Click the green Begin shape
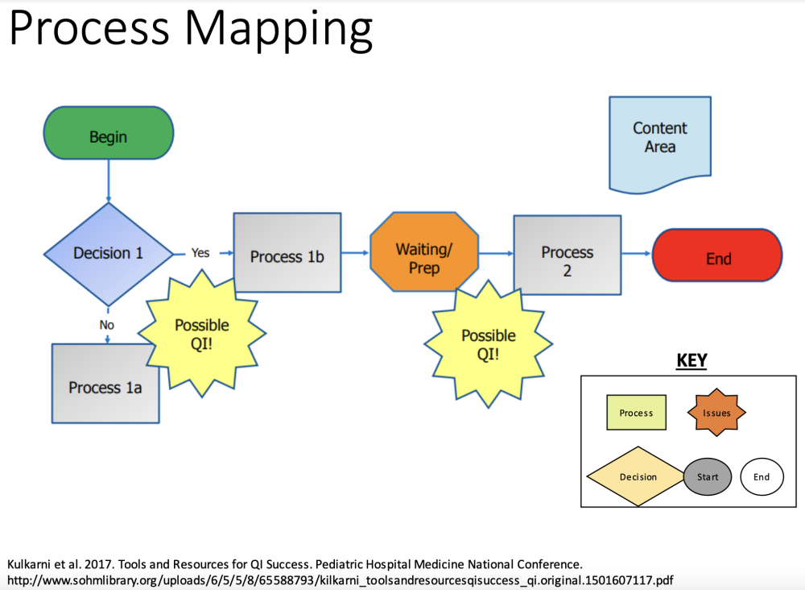tap(109, 133)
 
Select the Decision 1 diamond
tap(109, 254)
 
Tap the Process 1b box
tap(287, 252)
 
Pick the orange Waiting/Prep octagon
tap(424, 251)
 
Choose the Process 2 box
tap(568, 255)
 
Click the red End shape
tap(717, 255)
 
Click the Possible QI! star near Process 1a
tap(202, 334)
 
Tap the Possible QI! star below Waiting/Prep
tap(489, 344)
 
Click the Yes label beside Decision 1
tap(200, 253)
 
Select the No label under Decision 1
tap(107, 325)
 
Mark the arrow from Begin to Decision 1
tap(109, 181)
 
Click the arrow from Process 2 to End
tap(637, 253)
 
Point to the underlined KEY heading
tap(691, 361)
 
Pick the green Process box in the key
tap(636, 412)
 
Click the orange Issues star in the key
tap(716, 412)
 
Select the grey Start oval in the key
tap(708, 477)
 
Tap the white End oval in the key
tap(762, 477)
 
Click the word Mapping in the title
tap(279, 29)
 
